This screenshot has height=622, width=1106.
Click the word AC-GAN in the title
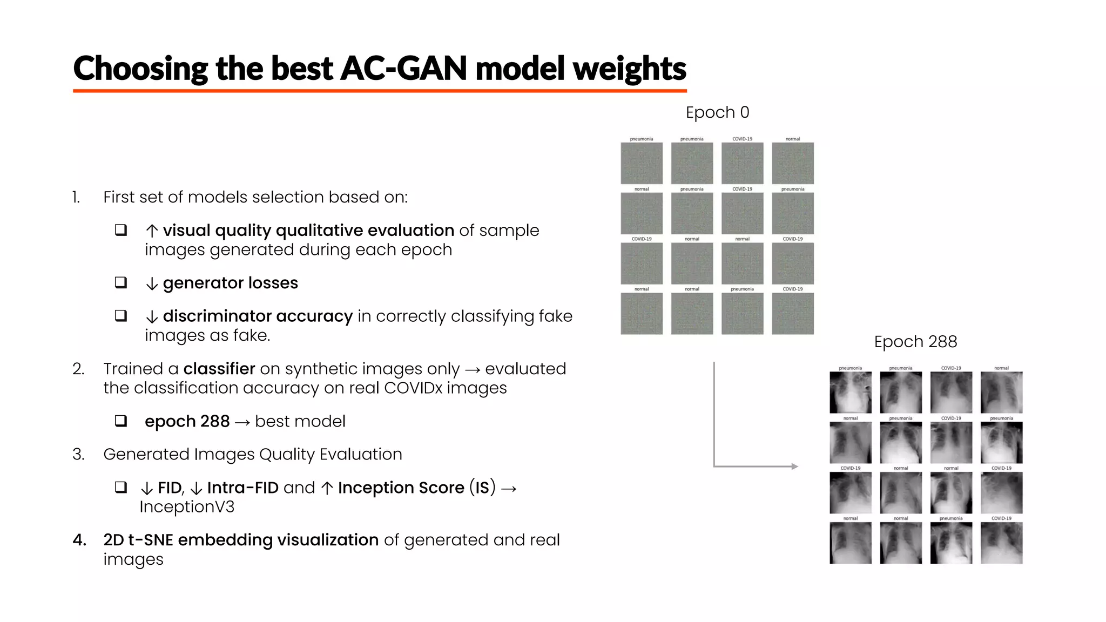tap(403, 69)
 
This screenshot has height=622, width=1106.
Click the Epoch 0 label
tap(717, 112)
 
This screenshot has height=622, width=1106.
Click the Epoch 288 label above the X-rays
tap(915, 342)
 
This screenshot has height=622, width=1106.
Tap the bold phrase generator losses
tap(230, 283)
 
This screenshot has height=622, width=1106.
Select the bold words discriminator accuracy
tap(258, 316)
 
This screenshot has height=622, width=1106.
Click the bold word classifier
tap(219, 369)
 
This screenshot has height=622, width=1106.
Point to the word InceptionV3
tap(187, 507)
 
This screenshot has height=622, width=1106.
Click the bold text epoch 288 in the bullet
tap(187, 421)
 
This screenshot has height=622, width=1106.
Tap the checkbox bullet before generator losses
tap(121, 282)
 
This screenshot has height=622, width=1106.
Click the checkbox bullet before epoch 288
tap(121, 421)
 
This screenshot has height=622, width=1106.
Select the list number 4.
tap(79, 540)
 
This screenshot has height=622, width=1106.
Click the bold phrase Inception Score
tap(401, 488)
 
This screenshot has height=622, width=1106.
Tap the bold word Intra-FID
tap(242, 488)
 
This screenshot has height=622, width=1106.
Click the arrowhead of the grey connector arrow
tap(794, 466)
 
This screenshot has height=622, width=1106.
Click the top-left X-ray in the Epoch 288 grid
tap(850, 393)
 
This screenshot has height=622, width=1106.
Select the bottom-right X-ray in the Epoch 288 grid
tap(1001, 543)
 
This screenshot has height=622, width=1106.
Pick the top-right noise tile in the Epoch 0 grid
tap(792, 163)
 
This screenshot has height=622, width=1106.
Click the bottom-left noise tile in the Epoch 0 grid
tap(642, 314)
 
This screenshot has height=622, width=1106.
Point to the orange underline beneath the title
tap(380, 91)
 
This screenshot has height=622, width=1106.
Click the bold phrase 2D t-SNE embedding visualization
tap(241, 540)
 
